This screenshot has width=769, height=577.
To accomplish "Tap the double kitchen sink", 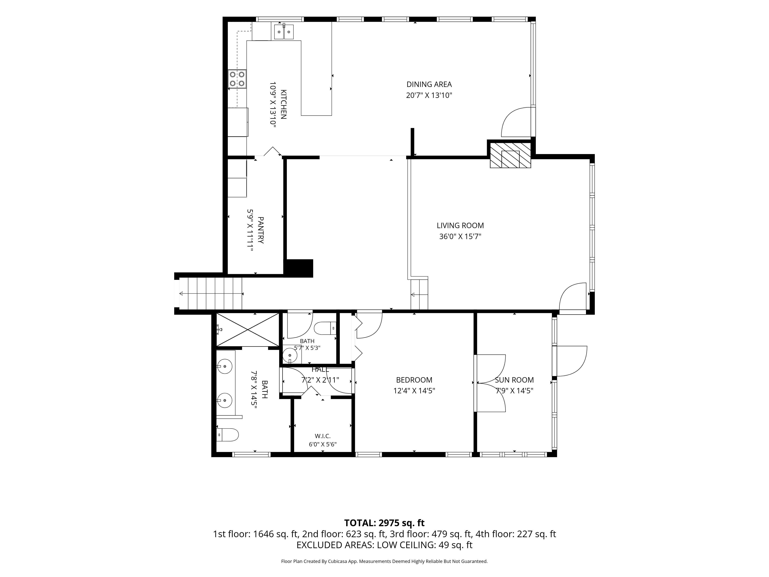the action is point(284,32).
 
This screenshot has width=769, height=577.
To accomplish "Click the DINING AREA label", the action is point(429,84).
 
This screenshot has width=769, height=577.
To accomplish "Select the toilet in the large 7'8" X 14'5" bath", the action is point(227,435).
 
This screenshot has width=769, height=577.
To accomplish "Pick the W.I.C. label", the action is point(323,436).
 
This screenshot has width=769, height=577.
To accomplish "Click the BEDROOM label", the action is point(414,380).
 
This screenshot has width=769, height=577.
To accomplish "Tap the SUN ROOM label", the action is point(514,380).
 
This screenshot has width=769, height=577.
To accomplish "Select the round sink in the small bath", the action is point(290,355).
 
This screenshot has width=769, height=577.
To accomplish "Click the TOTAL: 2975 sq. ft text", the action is point(384,533).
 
